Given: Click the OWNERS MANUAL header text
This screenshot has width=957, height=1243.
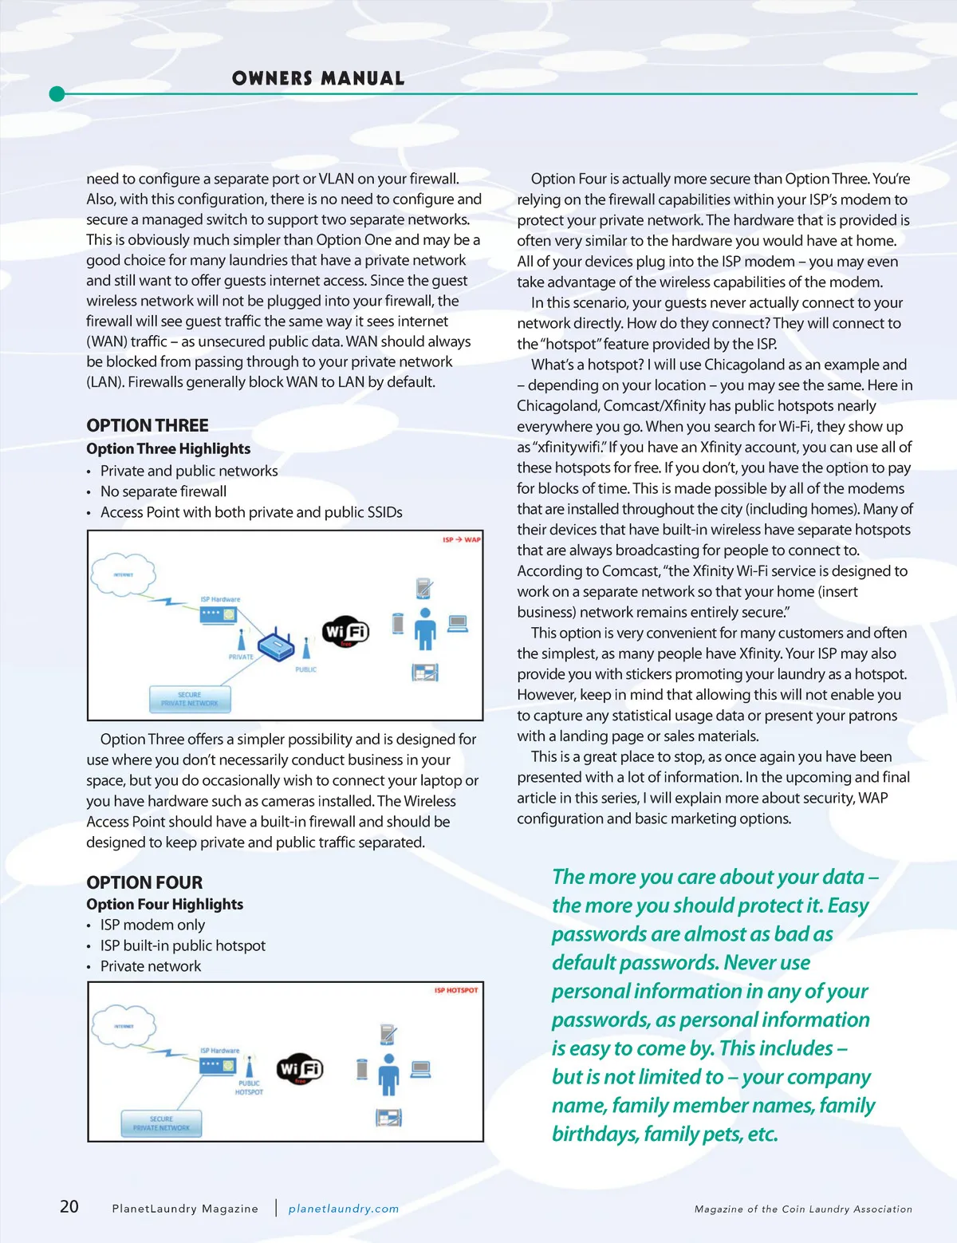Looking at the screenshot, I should click(318, 78).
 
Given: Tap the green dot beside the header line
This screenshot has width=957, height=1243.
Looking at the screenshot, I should click(57, 94).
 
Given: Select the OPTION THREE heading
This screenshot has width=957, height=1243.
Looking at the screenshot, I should click(148, 425).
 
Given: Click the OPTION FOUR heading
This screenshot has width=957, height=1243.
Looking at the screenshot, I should click(144, 882).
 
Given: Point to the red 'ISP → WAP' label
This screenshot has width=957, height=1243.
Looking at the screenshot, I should click(462, 540).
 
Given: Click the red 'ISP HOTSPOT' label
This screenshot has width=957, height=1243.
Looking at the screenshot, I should click(456, 990).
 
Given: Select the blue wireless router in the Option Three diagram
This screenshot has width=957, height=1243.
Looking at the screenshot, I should click(277, 646).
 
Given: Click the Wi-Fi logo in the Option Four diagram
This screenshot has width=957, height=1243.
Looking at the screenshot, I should click(300, 1068).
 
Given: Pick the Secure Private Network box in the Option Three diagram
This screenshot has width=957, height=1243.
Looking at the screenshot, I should click(190, 699).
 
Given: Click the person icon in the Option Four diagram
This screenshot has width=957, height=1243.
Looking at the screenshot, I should click(388, 1074).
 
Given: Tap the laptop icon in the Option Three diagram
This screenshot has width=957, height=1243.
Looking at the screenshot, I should click(458, 623).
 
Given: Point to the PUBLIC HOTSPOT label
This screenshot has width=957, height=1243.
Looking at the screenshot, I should click(249, 1087).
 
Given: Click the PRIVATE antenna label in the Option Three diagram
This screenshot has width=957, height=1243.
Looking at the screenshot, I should click(241, 657).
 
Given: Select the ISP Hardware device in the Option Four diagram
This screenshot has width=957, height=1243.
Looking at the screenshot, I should click(219, 1064).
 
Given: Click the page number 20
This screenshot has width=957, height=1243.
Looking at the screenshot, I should click(69, 1206).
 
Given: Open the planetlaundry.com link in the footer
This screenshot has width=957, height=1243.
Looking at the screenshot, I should click(343, 1209).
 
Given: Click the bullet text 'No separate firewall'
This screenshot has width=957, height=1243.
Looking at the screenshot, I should click(163, 491).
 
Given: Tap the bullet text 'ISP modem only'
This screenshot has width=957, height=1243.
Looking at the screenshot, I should click(152, 925).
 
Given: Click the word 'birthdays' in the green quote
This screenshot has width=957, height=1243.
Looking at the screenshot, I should click(594, 1134).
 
